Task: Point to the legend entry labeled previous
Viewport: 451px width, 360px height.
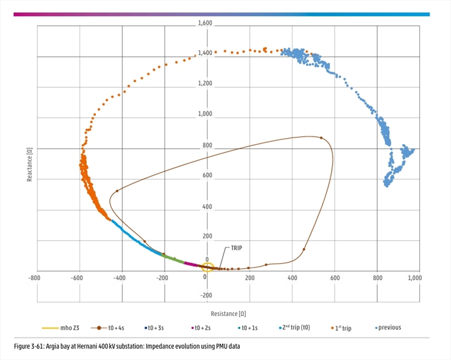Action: tap(390, 327)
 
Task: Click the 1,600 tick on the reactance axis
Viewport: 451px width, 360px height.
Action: tap(205, 24)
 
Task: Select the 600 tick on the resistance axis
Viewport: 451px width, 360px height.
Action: tap(335, 278)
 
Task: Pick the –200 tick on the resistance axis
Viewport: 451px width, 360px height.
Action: tap(162, 278)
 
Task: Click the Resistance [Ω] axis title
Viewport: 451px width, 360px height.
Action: tap(228, 313)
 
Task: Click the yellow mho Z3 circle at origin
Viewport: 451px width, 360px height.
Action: tap(208, 268)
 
